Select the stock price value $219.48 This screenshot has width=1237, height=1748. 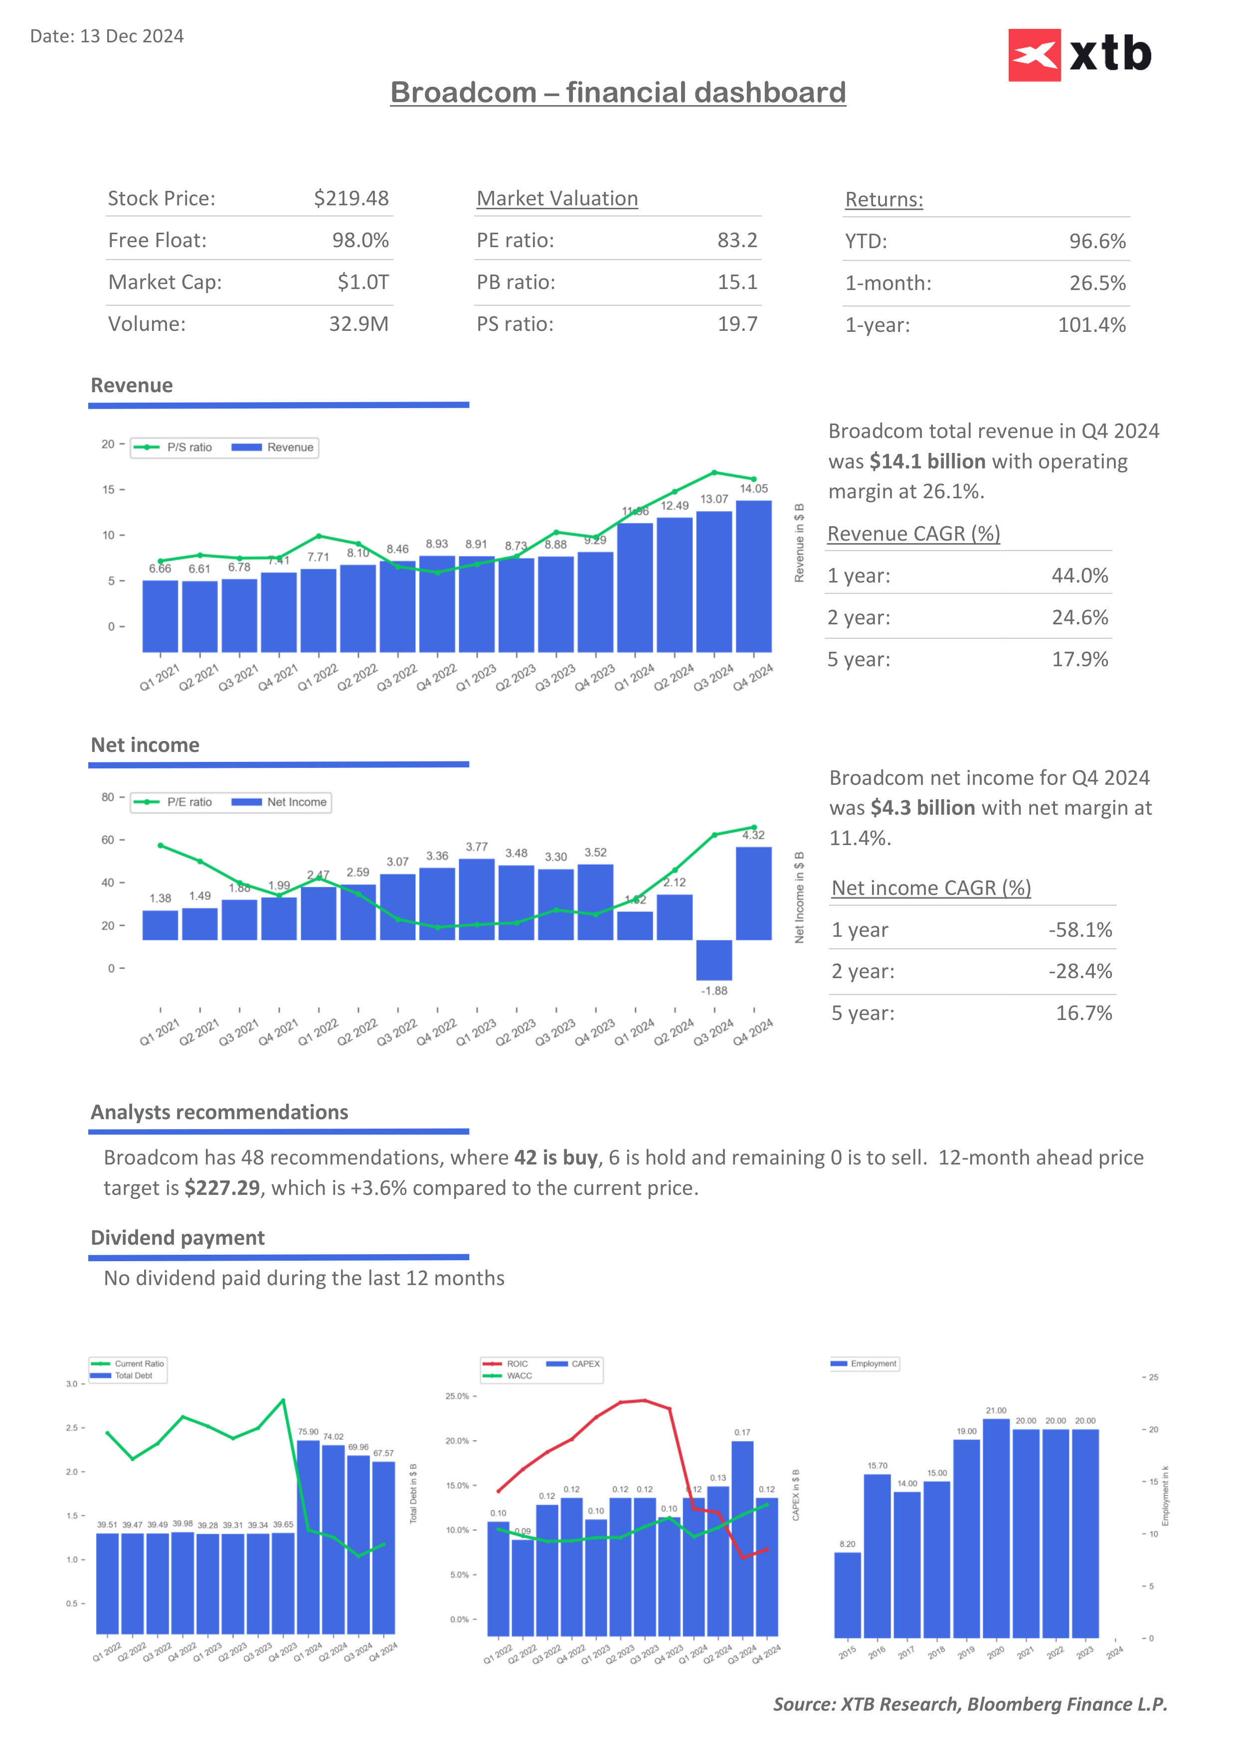(x=351, y=199)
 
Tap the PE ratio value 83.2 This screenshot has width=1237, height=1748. (x=736, y=241)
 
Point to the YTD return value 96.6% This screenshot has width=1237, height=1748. (x=1097, y=241)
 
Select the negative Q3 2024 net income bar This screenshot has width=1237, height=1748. (x=713, y=960)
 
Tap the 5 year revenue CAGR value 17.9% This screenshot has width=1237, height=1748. (x=1079, y=659)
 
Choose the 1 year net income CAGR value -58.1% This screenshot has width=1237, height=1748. (x=1079, y=930)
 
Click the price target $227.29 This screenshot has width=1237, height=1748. (x=222, y=1188)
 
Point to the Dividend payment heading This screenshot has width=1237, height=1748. (x=177, y=1238)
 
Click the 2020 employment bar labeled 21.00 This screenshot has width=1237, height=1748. (x=996, y=1526)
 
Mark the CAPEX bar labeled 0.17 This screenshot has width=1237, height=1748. (x=742, y=1538)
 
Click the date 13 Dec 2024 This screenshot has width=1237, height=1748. (x=131, y=36)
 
